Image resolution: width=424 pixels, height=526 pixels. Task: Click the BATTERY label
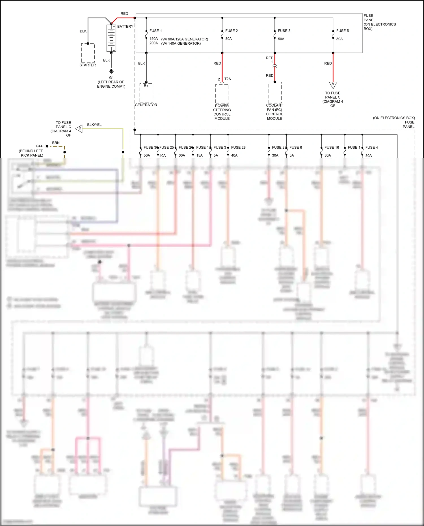point(125,26)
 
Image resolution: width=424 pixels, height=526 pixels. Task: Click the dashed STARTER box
point(88,53)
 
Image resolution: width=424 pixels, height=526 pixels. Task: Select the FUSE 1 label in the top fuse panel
point(155,31)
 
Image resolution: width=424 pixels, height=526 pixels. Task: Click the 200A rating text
point(153,43)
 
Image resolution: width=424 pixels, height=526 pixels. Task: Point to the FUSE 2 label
point(232,31)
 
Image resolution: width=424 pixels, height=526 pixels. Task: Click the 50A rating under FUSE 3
point(281,39)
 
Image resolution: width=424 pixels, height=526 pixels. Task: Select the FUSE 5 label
point(342,31)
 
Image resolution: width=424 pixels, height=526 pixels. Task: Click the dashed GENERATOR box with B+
point(146,93)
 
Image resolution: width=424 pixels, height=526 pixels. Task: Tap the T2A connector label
point(228,79)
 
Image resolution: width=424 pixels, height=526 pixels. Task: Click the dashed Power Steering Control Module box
point(222,94)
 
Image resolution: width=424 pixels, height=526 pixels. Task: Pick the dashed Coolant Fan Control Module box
point(274,93)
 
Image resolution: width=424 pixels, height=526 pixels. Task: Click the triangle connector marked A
point(333,85)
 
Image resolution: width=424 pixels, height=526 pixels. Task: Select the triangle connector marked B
point(79,128)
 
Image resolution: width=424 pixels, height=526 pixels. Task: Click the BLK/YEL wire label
point(94,125)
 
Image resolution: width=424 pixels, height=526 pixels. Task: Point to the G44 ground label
point(39,146)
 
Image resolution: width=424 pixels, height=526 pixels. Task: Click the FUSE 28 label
point(238,147)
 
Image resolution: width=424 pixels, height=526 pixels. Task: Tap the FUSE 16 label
point(332,147)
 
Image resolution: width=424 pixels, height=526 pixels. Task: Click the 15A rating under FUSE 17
point(200,155)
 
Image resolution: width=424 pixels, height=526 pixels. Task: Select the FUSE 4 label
point(371,147)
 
